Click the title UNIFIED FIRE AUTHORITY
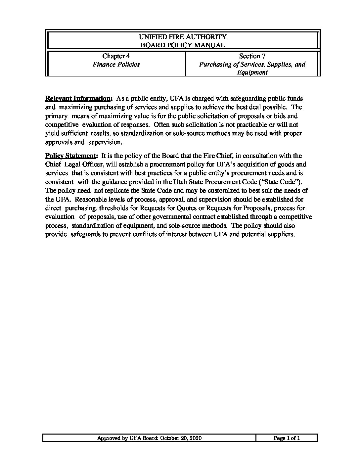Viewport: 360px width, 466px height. click(183, 37)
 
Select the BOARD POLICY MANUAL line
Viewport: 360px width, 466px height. click(183, 45)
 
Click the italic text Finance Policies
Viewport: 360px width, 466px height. click(116, 65)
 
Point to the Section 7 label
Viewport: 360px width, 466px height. click(252, 56)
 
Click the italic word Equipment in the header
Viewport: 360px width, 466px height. click(252, 73)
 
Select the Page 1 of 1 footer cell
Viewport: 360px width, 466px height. click(287, 438)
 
